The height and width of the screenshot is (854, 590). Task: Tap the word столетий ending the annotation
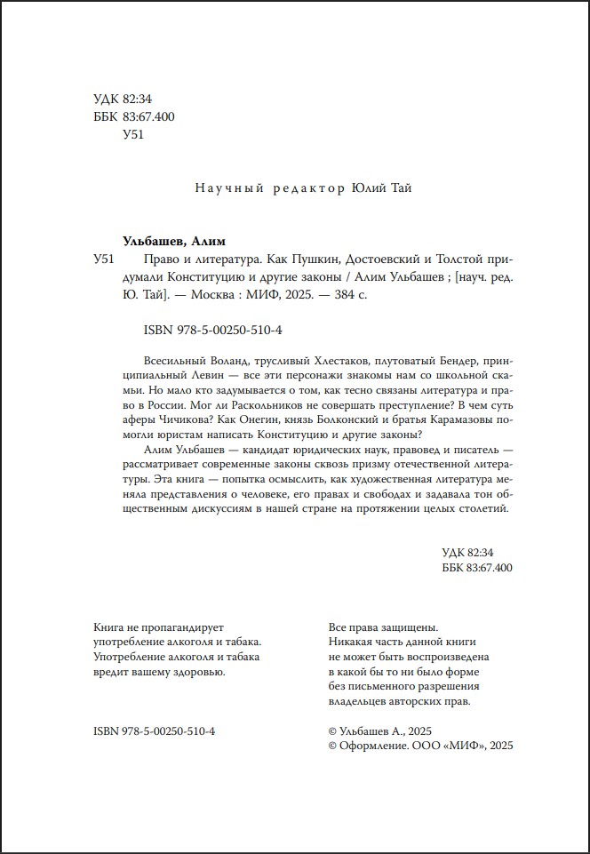[x=482, y=509]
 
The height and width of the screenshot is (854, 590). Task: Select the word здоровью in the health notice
[x=197, y=671]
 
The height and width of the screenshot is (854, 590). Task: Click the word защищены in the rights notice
[x=408, y=624]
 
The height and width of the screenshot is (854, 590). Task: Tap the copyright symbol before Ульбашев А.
[x=333, y=730]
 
